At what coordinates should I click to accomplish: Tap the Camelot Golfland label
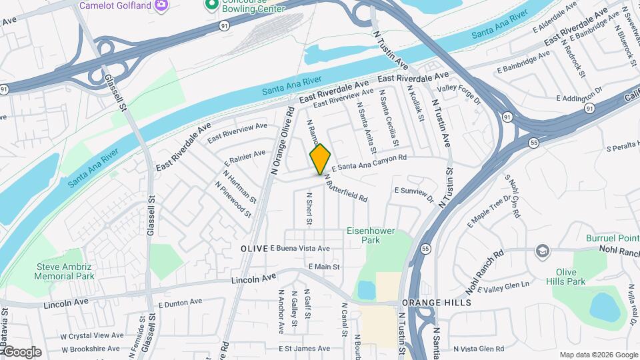coord(115,5)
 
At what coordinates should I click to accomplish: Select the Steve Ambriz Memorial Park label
coord(65,271)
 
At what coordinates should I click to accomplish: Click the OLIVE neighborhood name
coord(253,248)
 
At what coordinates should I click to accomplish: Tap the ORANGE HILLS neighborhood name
coord(436,303)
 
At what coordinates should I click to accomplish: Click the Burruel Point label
coord(613,238)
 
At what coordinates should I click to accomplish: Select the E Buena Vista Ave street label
coord(300,248)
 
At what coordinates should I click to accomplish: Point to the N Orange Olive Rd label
coord(282,140)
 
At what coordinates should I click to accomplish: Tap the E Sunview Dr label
coord(413,194)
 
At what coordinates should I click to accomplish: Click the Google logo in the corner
coord(21,352)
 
